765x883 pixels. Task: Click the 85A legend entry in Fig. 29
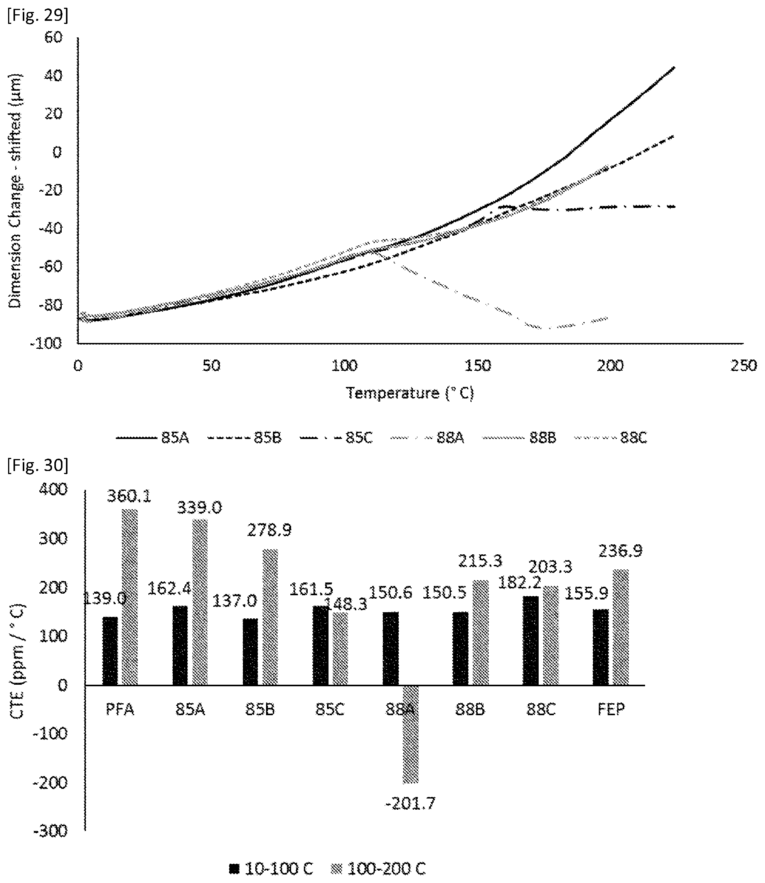[x=152, y=438]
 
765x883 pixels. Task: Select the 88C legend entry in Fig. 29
[x=611, y=438]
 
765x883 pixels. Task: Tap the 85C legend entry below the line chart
[x=336, y=438]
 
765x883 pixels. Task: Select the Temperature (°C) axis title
[x=410, y=393]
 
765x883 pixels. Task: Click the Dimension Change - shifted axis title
[x=15, y=191]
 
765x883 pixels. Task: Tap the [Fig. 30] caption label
[x=37, y=465]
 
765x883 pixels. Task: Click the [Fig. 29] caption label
[x=37, y=15]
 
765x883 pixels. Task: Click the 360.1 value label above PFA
[x=129, y=496]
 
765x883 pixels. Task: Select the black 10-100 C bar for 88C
[x=531, y=641]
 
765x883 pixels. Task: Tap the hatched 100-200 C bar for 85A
[x=200, y=602]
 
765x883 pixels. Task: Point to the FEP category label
[x=611, y=709]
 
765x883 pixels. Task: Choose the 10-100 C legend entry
[x=271, y=868]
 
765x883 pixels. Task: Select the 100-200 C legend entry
[x=379, y=868]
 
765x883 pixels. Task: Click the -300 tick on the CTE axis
[x=51, y=831]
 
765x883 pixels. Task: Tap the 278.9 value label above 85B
[x=270, y=530]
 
